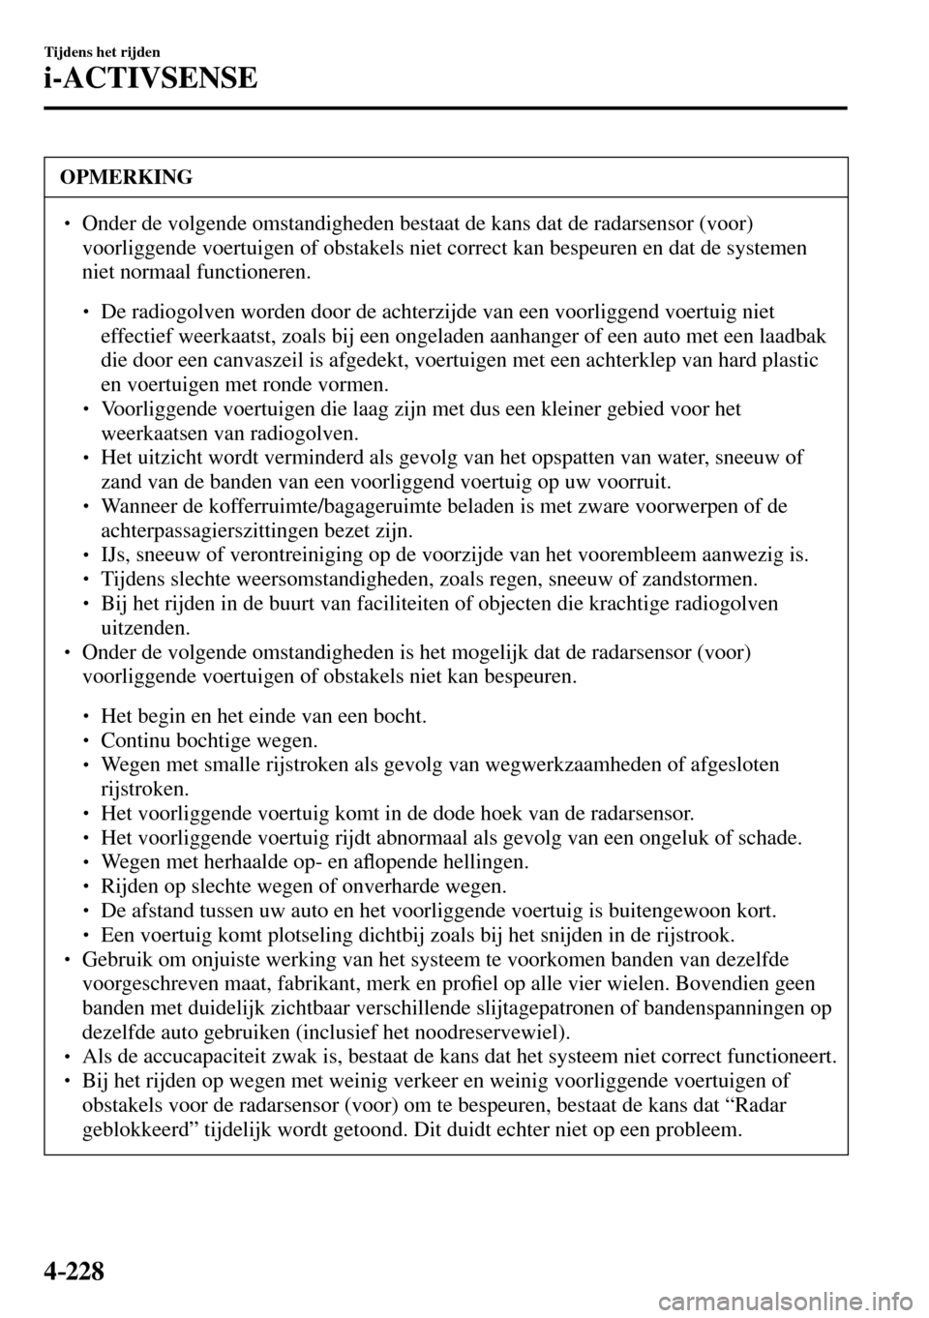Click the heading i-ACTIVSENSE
coord(149,76)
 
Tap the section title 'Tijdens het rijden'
coord(101,51)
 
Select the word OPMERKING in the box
coord(125,177)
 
